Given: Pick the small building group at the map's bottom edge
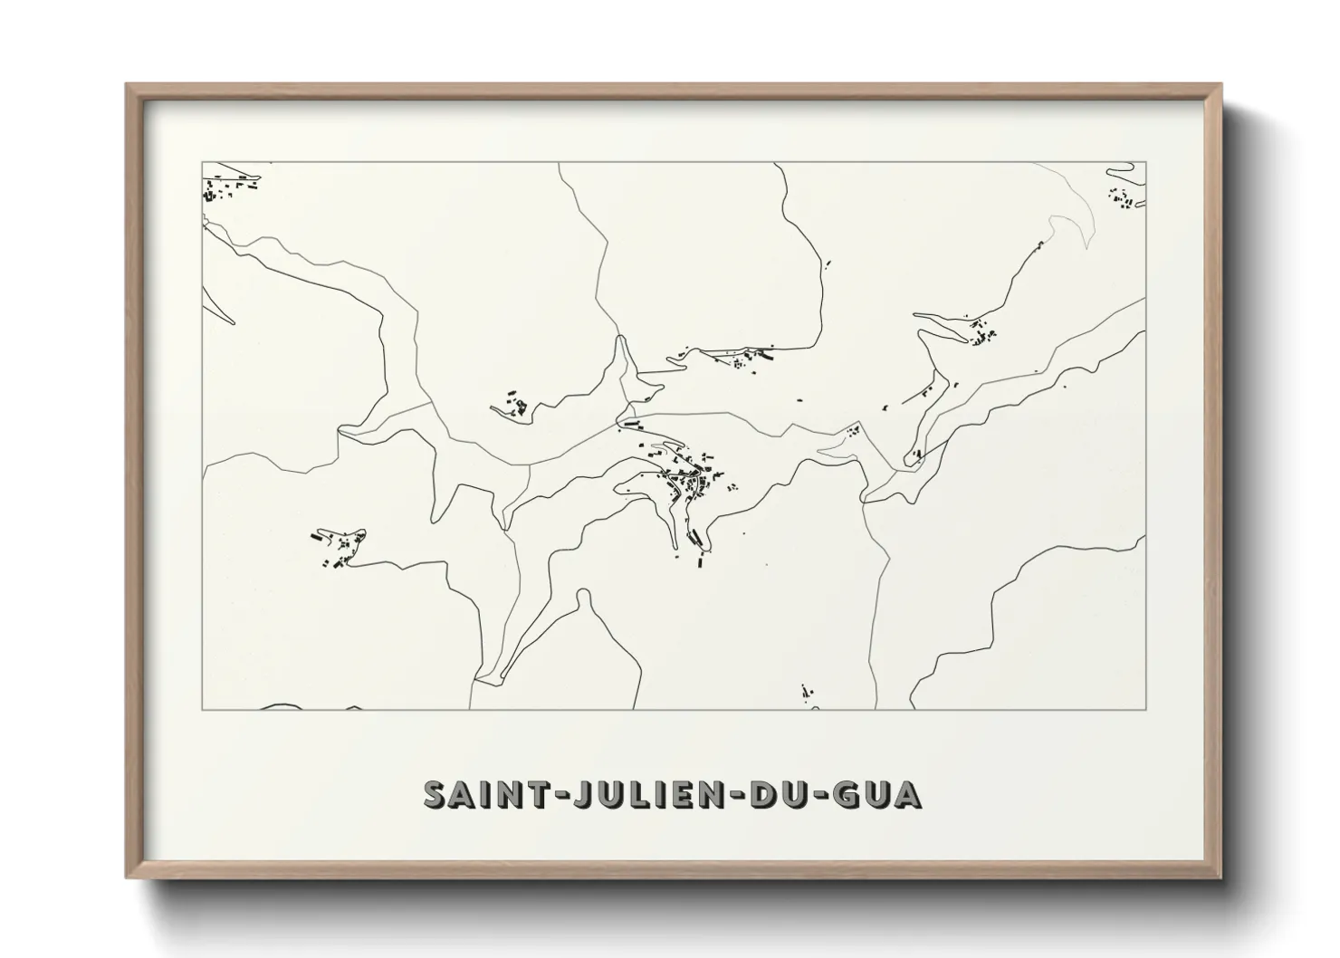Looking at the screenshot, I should (x=807, y=693).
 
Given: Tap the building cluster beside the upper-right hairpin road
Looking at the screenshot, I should (x=982, y=336).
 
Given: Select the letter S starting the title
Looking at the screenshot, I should (x=436, y=794).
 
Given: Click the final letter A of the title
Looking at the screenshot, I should (x=908, y=794).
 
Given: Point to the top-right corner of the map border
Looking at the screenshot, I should (x=1146, y=162).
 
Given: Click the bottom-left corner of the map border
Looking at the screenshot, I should (x=202, y=709).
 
